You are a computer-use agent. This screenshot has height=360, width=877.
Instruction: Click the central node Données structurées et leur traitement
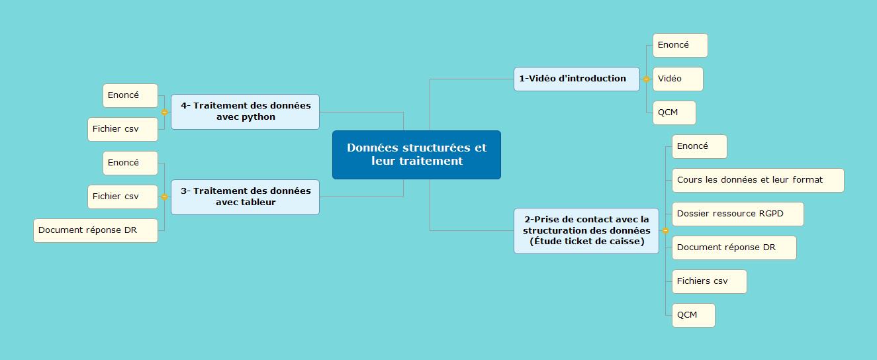(x=416, y=155)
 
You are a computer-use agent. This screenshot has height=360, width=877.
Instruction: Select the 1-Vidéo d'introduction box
(x=577, y=79)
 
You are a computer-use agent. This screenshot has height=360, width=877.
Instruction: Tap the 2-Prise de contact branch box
(x=586, y=230)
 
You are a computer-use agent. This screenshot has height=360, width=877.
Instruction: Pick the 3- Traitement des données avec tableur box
(x=245, y=197)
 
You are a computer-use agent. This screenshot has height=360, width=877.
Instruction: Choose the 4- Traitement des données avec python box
(x=245, y=112)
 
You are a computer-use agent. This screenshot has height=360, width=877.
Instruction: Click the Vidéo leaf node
(x=678, y=79)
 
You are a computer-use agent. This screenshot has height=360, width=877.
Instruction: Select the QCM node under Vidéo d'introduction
(x=674, y=112)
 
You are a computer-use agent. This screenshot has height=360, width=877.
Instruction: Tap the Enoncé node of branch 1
(x=680, y=46)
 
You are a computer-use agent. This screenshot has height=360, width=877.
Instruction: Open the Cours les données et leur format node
(x=758, y=180)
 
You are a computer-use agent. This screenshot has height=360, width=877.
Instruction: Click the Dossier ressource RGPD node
(x=737, y=214)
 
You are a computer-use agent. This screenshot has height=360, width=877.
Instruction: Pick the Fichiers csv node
(x=709, y=281)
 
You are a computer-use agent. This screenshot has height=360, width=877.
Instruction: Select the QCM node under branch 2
(x=694, y=315)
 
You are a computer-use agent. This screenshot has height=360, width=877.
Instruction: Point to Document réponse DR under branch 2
(x=734, y=247)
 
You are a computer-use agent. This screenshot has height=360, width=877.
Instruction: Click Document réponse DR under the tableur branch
(x=95, y=230)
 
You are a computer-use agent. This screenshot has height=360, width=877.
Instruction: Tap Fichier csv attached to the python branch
(x=122, y=129)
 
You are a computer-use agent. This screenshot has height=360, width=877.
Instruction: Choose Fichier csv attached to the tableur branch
(x=122, y=197)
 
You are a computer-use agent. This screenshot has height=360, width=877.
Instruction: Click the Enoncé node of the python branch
(x=130, y=95)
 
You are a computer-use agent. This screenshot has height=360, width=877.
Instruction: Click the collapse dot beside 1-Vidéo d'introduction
(x=646, y=79)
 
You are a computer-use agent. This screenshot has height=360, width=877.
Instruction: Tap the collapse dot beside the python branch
(x=164, y=112)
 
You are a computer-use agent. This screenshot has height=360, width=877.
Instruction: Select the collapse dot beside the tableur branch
(x=164, y=197)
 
